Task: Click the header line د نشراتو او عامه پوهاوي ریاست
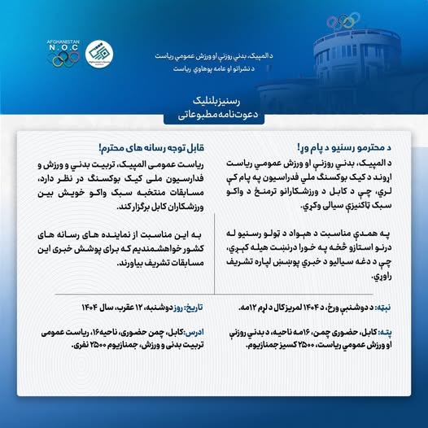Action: [213, 70]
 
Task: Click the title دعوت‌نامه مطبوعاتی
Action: [214, 115]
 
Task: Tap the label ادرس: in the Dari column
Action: [192, 333]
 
